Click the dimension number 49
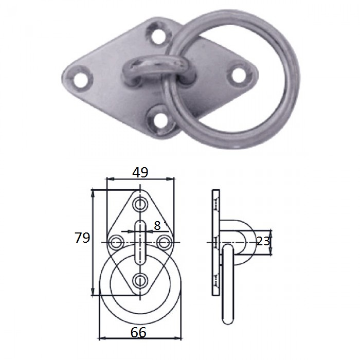coord(140,172)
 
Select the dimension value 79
coord(82,238)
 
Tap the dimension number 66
coord(138,332)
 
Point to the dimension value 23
coord(263,241)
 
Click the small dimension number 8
coord(157,225)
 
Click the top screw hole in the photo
coord(158,35)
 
